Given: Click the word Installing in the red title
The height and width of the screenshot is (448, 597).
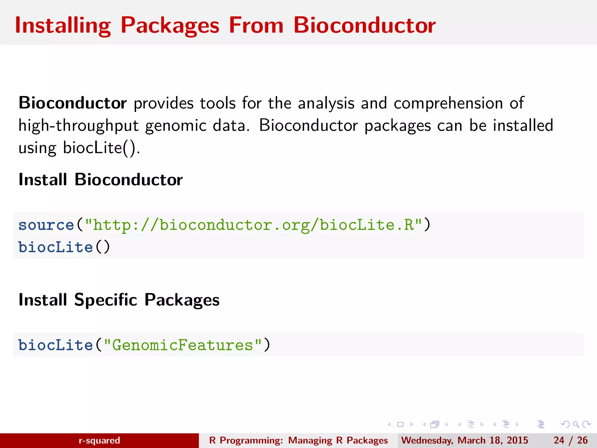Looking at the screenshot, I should tap(63, 26).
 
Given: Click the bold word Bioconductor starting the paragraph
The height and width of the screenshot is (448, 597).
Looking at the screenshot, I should tap(73, 103).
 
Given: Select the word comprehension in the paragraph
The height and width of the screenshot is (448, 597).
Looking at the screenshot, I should tap(448, 104).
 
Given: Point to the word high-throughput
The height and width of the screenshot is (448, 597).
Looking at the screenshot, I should tap(78, 126).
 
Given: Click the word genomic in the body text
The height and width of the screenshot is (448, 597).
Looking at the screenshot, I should tap(176, 126).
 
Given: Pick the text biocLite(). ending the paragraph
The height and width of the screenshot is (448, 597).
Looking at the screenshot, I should tap(101, 148).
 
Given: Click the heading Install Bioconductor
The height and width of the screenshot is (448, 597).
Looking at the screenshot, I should tap(101, 179).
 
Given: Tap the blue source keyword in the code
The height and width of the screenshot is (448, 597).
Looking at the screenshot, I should tap(46, 225).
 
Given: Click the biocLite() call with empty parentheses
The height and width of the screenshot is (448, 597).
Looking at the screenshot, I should tap(64, 247).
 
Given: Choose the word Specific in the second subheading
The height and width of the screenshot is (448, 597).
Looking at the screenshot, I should tap(106, 300).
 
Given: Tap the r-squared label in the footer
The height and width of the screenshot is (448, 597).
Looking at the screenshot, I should tap(99, 440).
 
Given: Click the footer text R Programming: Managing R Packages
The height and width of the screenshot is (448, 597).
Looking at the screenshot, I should tap(298, 440).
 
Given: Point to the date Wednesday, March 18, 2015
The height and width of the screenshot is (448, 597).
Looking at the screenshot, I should tap(464, 440).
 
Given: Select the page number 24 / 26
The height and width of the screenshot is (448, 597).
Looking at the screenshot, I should tap(570, 440).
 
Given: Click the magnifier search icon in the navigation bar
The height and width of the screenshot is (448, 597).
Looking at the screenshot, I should tap(576, 424).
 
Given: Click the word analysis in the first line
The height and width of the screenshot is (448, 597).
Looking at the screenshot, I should tap(326, 104).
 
